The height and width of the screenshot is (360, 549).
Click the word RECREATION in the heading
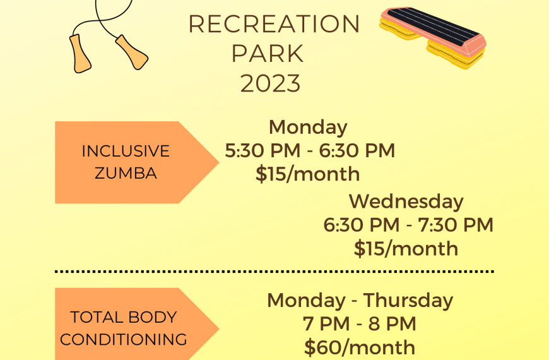coord(274,24)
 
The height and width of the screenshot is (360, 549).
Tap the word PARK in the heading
coord(268,54)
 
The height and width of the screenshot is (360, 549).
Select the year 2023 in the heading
coord(270,83)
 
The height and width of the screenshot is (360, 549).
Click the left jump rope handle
coord(80,54)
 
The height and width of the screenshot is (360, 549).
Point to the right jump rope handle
coord(132,52)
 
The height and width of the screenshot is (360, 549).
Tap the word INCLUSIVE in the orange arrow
coord(126,151)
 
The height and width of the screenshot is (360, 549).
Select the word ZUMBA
coord(126,173)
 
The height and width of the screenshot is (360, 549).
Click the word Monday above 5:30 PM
coord(308,127)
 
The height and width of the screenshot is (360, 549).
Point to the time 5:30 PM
coord(263,151)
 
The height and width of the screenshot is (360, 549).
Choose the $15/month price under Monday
coord(308,174)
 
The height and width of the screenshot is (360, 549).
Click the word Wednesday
coord(406,201)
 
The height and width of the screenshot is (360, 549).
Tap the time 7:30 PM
coord(456,225)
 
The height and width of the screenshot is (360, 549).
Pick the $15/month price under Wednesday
coord(406,249)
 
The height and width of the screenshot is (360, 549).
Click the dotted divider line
coord(274,272)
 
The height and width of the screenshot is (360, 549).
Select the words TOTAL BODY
coord(124,317)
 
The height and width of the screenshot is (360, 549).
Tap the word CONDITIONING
coord(124,339)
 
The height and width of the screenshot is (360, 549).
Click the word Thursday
coord(408,301)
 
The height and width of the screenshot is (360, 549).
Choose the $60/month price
coord(360,347)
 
